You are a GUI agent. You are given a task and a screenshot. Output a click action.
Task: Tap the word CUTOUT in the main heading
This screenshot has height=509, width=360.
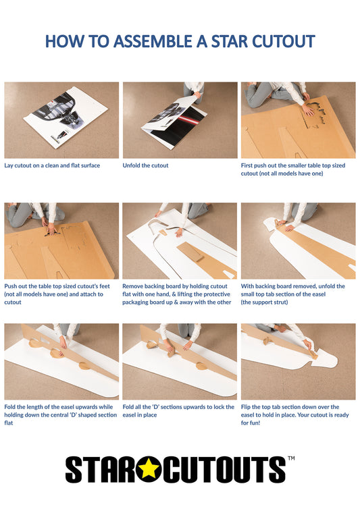[283, 41]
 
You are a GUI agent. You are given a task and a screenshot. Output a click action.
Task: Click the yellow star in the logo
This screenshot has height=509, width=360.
[149, 469]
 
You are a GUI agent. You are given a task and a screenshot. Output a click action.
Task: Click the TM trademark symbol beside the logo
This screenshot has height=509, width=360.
[291, 458]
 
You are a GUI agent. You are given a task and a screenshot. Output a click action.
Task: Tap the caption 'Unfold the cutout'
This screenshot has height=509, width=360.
[145, 165]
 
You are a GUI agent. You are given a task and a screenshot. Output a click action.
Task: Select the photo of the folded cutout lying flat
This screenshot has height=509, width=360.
[61, 120]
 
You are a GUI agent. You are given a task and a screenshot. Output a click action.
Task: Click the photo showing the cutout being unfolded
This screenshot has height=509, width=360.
[179, 120]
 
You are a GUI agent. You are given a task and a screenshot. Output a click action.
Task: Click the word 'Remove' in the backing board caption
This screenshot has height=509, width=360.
[133, 286]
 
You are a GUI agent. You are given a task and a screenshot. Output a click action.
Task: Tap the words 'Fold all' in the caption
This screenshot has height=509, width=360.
[134, 407]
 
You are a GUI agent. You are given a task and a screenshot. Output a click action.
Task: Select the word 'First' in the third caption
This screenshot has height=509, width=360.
[248, 165]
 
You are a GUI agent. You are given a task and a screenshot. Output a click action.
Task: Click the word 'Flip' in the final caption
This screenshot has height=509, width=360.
[247, 407]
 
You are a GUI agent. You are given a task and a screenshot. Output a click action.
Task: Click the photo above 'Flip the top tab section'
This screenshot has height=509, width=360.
[298, 361]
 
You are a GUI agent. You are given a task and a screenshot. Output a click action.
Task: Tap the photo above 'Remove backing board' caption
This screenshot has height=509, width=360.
[179, 240]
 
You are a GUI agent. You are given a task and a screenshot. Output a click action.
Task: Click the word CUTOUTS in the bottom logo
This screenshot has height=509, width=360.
[224, 469]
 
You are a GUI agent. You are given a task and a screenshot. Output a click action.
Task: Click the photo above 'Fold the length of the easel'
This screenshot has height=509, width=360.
[61, 361]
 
